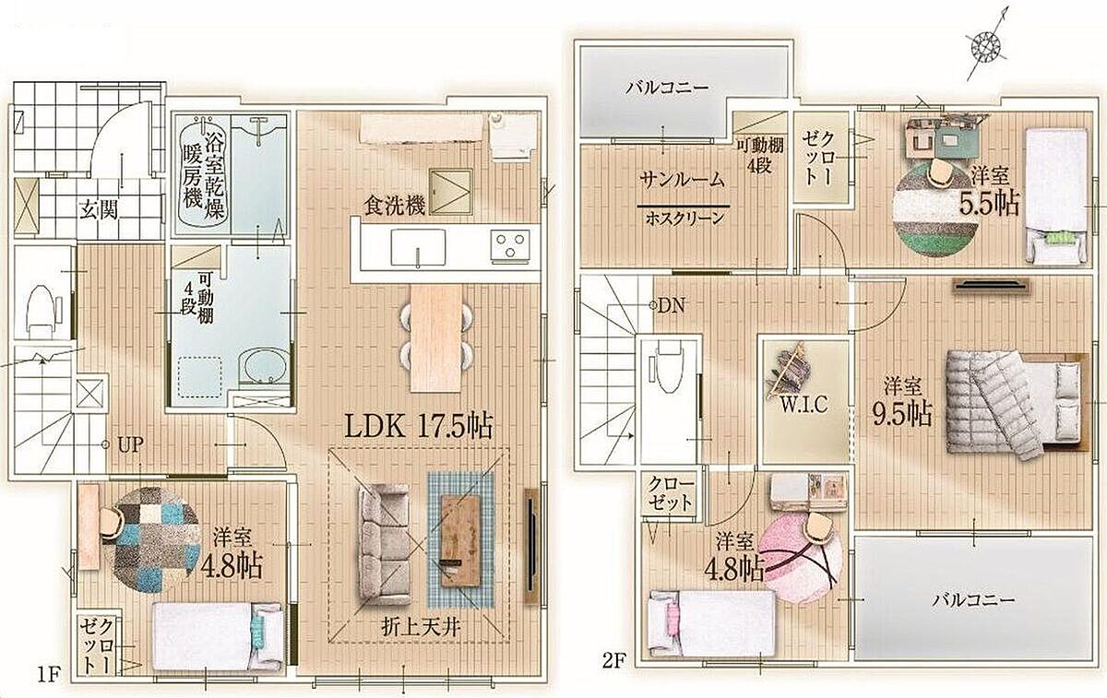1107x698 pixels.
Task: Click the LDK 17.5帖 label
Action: pos(418,426)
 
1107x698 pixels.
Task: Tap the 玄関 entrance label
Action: pos(99,210)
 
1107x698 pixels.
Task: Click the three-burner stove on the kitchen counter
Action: pos(510,245)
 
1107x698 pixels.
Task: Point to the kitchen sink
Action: pos(418,247)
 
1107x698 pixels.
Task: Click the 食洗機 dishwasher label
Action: pos(395,206)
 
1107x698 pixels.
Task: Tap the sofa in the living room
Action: pos(385,544)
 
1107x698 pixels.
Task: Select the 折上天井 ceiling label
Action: pos(421,627)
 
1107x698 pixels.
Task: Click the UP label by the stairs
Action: pos(131,445)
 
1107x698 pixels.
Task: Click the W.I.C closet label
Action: pos(804,405)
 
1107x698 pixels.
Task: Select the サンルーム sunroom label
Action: pos(682,180)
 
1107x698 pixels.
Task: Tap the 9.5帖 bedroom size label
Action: pos(902,414)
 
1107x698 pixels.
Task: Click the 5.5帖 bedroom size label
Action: pos(989,203)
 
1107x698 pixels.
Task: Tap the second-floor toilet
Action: pos(668,367)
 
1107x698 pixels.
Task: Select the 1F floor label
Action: pos(49,675)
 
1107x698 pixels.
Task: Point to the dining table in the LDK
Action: pos(436,339)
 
